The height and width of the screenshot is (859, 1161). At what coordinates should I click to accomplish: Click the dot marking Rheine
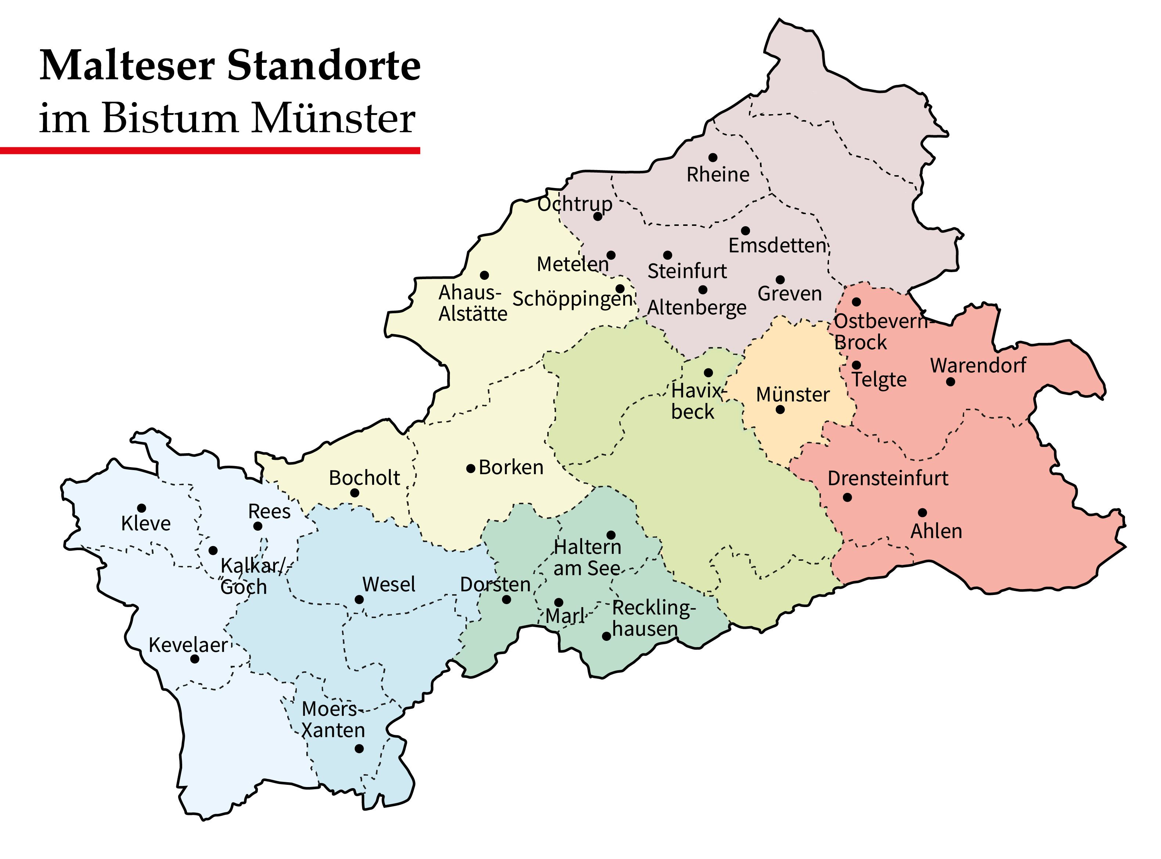click(713, 158)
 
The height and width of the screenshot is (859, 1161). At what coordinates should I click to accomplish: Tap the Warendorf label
click(978, 365)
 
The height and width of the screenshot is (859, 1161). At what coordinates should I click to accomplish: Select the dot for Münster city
click(780, 410)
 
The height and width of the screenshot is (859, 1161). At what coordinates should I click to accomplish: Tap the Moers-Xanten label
click(333, 720)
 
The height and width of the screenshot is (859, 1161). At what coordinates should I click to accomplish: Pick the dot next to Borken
click(470, 469)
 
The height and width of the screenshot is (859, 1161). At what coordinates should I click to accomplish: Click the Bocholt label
click(364, 478)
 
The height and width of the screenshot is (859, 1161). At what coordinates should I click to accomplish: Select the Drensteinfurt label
click(887, 479)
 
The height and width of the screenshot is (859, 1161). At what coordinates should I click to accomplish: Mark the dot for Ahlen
click(922, 513)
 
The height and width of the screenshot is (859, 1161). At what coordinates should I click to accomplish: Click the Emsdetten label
click(777, 245)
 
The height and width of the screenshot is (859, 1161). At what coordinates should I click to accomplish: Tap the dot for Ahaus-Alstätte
click(484, 275)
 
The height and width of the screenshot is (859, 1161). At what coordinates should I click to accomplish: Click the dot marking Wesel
click(359, 599)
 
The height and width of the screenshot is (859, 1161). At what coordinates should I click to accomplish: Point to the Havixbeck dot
click(708, 373)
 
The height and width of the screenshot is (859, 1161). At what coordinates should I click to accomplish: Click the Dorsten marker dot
click(506, 599)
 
